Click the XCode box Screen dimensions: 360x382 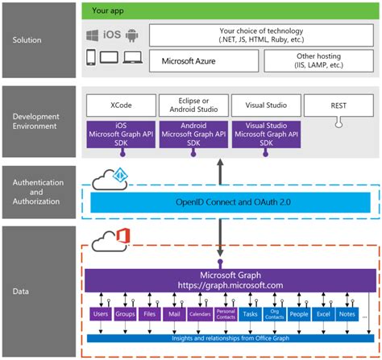pyautogui.click(x=121, y=106)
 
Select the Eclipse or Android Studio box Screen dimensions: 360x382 pyautogui.click(x=193, y=106)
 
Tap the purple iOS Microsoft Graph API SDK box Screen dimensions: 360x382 pyautogui.click(x=121, y=137)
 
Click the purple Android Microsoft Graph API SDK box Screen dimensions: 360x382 pyautogui.click(x=193, y=137)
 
